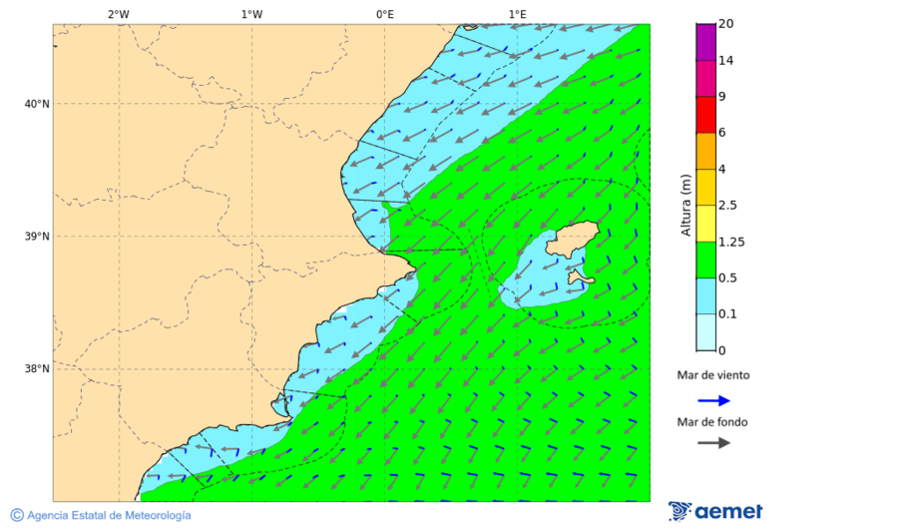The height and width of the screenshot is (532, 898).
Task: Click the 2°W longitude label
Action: pyautogui.click(x=118, y=14)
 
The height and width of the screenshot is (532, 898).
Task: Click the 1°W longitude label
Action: pyautogui.click(x=251, y=14)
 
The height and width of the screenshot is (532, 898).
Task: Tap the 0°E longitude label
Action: pyautogui.click(x=384, y=14)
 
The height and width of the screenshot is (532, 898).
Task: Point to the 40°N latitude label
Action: pyautogui.click(x=36, y=104)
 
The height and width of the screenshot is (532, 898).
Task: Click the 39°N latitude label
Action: pyautogui.click(x=36, y=237)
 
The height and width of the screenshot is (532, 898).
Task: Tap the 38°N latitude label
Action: pyautogui.click(x=36, y=369)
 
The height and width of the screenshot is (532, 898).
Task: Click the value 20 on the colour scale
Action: pyautogui.click(x=726, y=24)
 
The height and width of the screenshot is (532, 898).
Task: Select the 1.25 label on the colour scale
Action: pyautogui.click(x=732, y=242)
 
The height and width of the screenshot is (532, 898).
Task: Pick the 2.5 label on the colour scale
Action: pyautogui.click(x=727, y=206)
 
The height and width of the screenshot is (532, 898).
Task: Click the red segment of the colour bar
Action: pyautogui.click(x=705, y=114)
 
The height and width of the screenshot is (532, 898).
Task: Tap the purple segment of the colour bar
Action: pyautogui.click(x=705, y=42)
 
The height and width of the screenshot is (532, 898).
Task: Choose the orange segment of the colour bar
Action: pyautogui.click(x=705, y=151)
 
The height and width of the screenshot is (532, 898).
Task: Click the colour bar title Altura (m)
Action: pyautogui.click(x=685, y=205)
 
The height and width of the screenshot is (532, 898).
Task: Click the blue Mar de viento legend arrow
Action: pyautogui.click(x=713, y=400)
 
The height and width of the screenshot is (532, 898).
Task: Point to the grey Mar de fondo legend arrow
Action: pyautogui.click(x=713, y=443)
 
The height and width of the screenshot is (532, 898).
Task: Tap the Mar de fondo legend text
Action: pyautogui.click(x=711, y=422)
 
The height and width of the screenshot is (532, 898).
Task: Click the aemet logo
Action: pyautogui.click(x=715, y=511)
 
